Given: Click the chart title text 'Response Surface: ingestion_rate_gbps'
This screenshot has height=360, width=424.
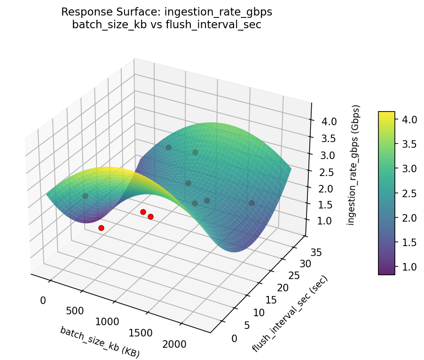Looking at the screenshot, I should click(x=166, y=12).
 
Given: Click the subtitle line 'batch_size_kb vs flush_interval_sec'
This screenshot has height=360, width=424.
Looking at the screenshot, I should click(x=166, y=24).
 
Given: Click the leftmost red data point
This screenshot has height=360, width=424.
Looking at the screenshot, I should click(x=101, y=228).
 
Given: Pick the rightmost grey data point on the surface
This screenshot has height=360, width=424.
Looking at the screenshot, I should click(x=251, y=203).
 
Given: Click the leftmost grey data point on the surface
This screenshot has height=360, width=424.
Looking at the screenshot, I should click(x=85, y=196).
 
